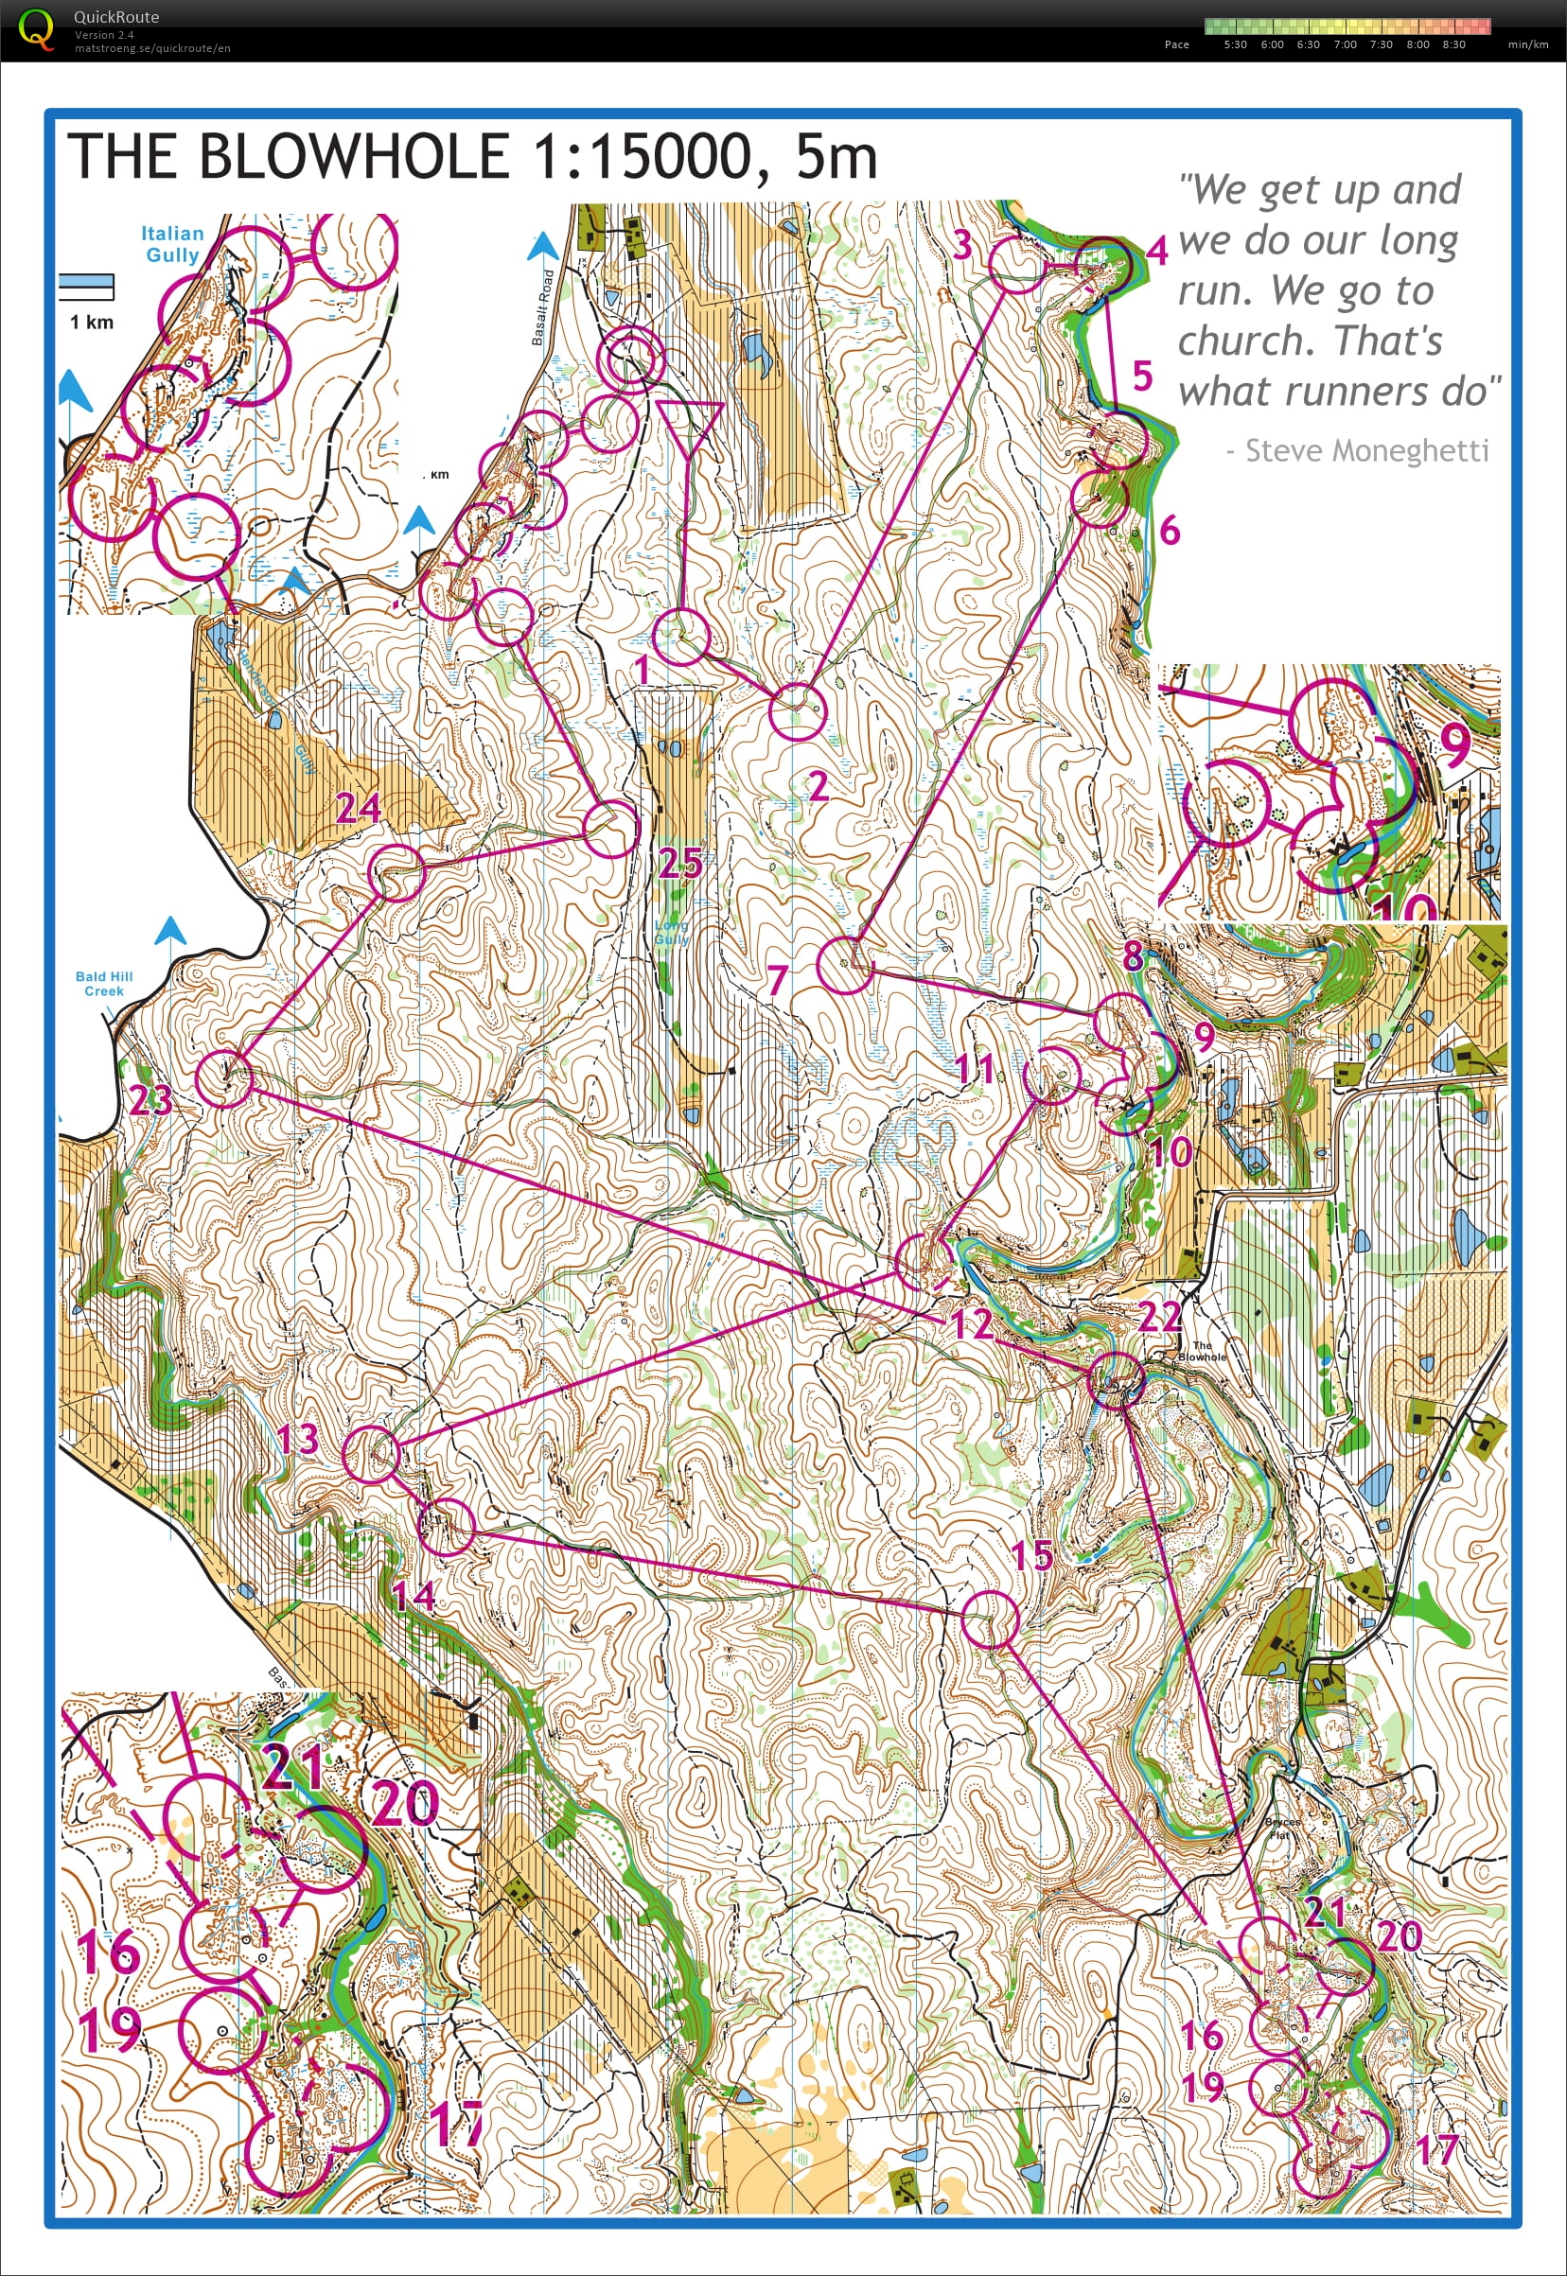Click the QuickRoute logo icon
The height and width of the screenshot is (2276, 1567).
tap(35, 29)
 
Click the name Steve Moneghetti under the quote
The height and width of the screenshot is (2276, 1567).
tap(1365, 450)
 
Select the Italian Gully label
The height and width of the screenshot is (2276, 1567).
tap(172, 243)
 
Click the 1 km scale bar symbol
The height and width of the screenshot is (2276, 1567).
tap(86, 287)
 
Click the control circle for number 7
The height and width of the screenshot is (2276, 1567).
tap(844, 965)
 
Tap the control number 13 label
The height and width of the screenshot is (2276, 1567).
tap(297, 1440)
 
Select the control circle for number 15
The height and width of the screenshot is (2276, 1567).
tap(990, 1619)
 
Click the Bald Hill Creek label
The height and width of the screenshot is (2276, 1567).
tap(103, 984)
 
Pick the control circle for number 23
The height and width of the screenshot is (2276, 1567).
tap(224, 1078)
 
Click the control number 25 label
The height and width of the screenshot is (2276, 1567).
tap(679, 864)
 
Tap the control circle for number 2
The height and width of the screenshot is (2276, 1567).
tap(796, 710)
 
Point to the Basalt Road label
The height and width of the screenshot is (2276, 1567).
tap(542, 307)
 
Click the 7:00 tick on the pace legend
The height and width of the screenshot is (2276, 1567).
tap(1344, 44)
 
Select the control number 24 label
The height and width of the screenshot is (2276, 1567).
tap(358, 808)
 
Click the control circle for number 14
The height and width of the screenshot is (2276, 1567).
tap(447, 1526)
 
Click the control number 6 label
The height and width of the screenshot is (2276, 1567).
tap(1169, 531)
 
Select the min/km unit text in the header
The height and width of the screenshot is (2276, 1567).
tap(1527, 44)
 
